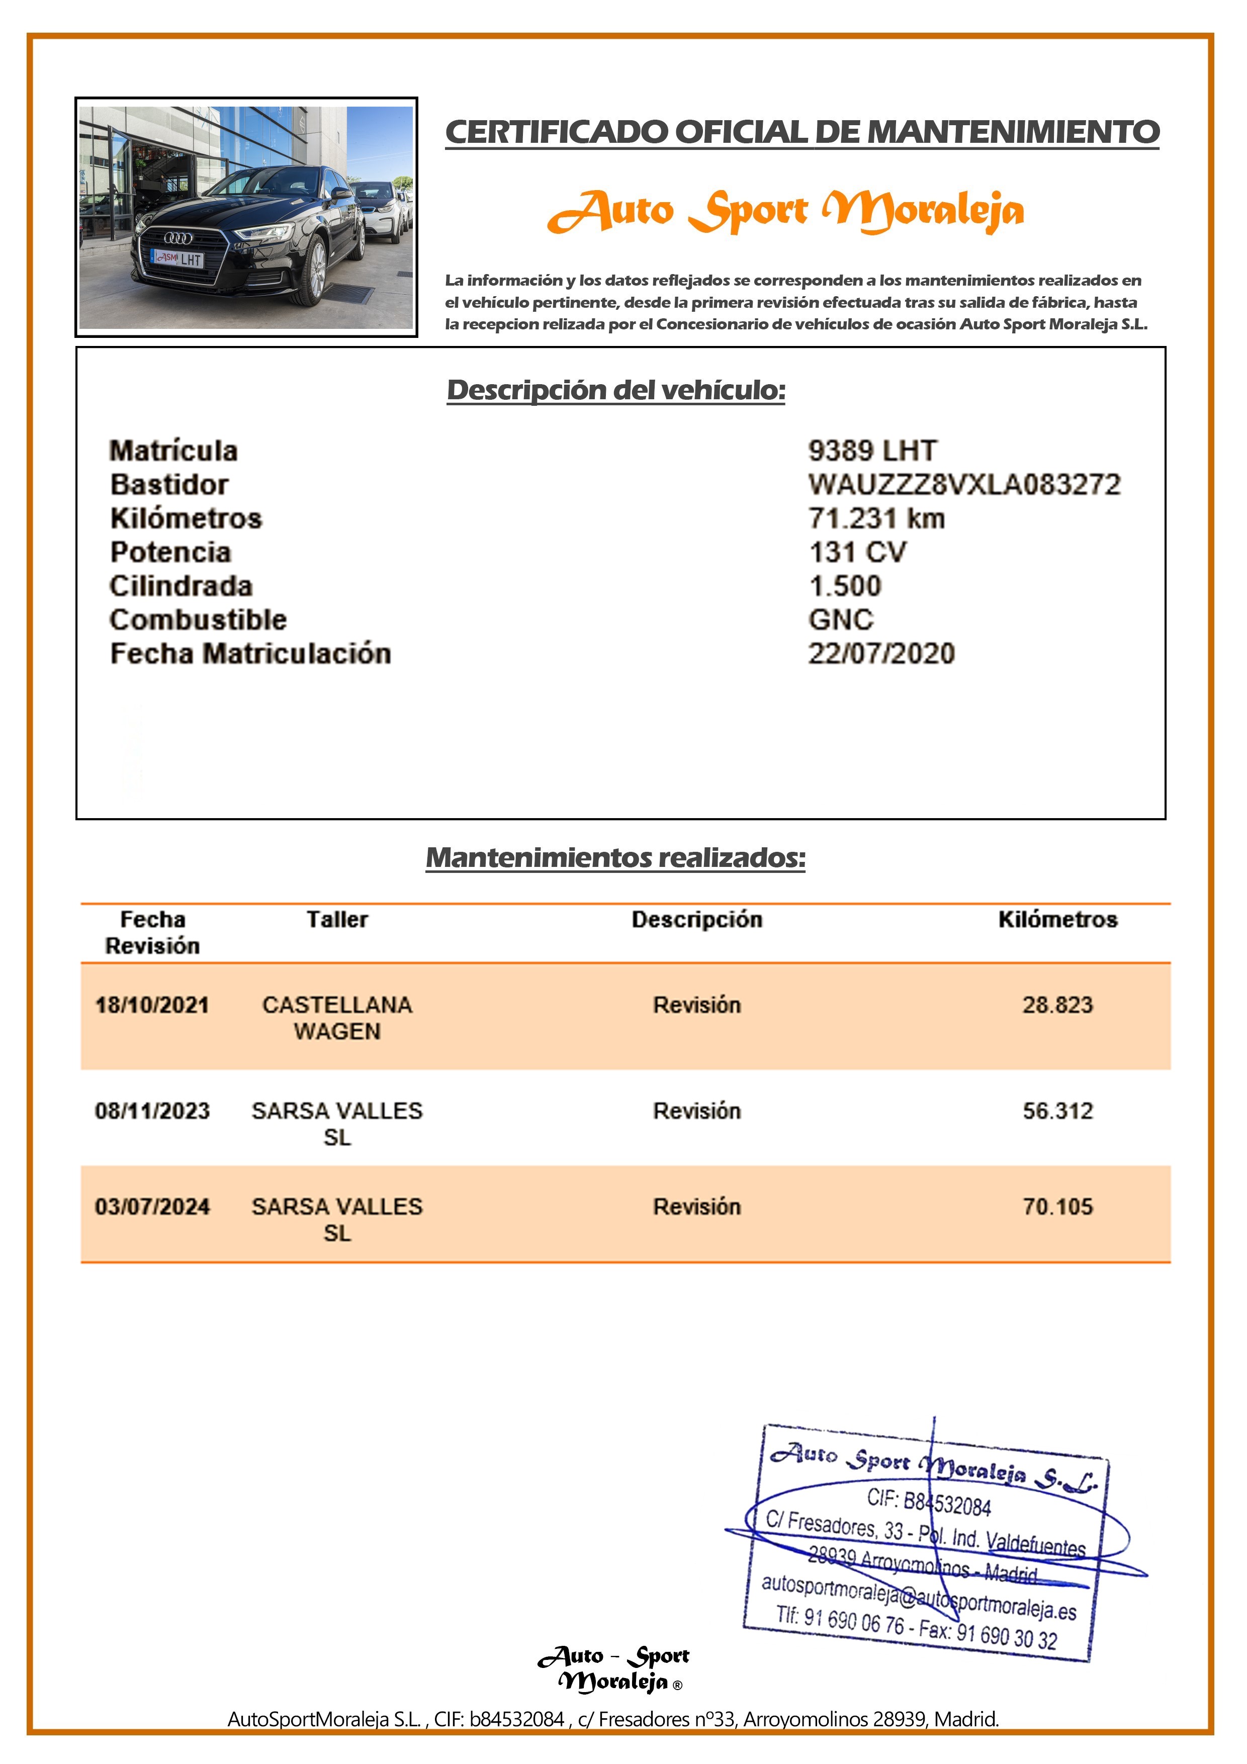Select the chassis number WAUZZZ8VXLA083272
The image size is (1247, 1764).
tap(964, 484)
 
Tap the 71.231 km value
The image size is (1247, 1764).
tap(876, 518)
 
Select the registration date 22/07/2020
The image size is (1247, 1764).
tap(881, 653)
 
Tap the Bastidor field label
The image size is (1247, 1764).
tap(169, 484)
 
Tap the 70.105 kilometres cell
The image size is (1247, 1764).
tap(1057, 1206)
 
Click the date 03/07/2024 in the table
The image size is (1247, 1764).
tap(152, 1206)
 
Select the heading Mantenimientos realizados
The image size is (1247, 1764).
tap(615, 857)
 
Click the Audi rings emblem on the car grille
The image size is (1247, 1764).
tap(179, 238)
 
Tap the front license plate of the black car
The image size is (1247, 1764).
tap(179, 259)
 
